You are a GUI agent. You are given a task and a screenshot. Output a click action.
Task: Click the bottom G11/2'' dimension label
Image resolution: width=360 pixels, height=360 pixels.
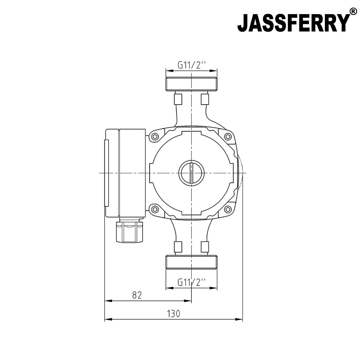click(192, 282)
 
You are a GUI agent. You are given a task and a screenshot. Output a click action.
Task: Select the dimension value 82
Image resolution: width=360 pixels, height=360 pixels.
click(136, 295)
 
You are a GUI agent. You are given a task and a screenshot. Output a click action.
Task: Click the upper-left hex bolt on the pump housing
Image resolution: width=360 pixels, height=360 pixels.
click(155, 137)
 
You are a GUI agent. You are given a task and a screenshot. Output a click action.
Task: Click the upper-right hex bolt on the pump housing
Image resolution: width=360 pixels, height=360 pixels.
click(229, 137)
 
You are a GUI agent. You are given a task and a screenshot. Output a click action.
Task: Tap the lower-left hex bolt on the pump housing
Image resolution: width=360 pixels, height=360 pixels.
click(155, 209)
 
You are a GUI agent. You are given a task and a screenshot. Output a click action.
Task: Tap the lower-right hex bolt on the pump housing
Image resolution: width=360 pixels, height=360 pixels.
click(229, 209)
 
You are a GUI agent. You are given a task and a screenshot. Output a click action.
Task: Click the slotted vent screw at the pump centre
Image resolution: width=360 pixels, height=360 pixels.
click(192, 173)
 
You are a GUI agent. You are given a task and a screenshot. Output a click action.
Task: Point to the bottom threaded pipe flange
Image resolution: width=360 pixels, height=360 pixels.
click(192, 262)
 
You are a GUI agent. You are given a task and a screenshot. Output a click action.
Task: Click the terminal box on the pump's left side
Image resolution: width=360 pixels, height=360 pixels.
click(125, 173)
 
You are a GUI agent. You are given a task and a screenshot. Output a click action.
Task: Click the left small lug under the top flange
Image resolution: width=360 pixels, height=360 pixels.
click(178, 98)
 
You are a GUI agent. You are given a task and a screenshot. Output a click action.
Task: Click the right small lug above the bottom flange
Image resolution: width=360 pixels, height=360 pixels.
click(205, 247)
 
